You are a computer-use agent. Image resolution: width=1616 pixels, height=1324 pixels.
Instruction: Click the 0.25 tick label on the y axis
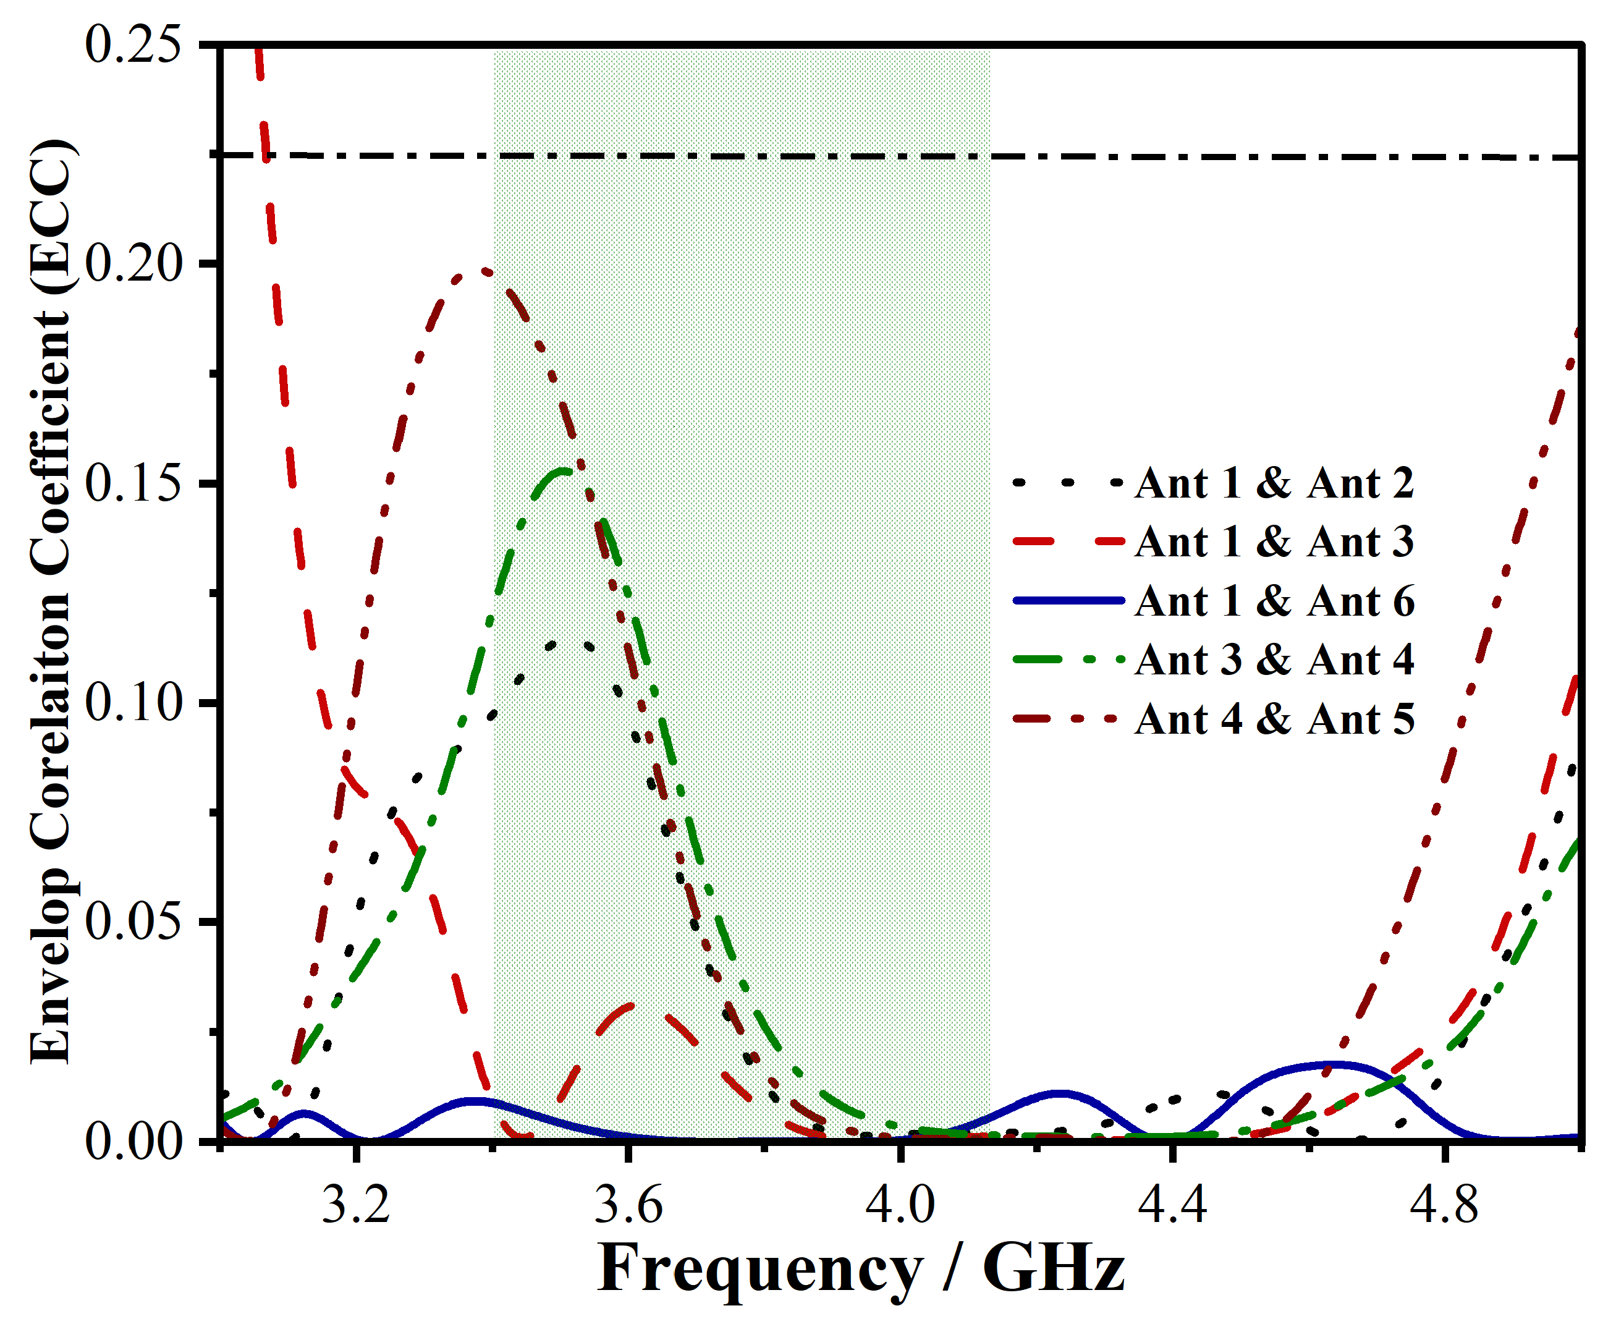[x=133, y=45]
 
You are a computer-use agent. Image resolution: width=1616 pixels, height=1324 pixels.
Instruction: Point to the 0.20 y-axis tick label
[x=133, y=264]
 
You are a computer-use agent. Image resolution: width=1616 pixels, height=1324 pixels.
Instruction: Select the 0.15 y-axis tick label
[x=133, y=483]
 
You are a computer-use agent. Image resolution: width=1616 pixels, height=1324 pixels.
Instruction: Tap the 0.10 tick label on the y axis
[x=133, y=702]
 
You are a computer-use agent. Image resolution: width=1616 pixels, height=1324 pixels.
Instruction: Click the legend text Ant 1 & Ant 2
[x=1274, y=483]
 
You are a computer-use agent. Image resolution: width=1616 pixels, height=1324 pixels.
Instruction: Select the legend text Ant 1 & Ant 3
[x=1274, y=542]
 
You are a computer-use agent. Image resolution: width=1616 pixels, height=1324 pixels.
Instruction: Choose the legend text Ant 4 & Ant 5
[x=1274, y=720]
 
